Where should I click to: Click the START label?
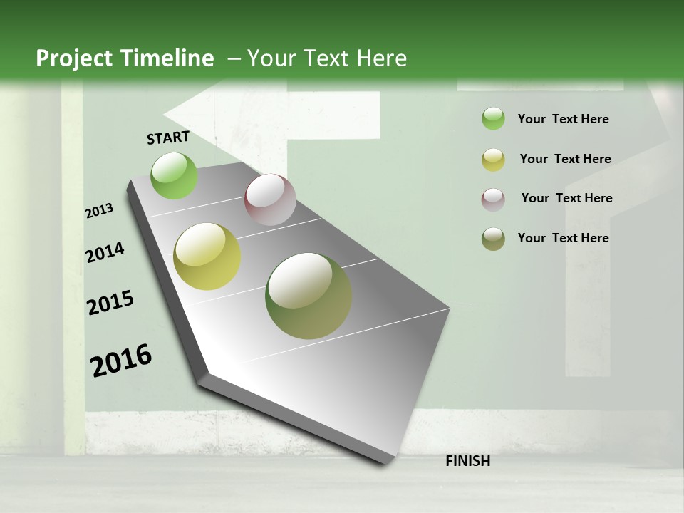tap(168, 137)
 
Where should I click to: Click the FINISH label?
tap(467, 461)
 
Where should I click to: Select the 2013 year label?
tap(100, 211)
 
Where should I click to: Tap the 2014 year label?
tap(105, 252)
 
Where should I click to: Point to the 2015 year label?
tap(110, 303)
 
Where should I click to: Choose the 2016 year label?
tap(121, 361)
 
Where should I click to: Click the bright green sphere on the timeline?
tap(175, 176)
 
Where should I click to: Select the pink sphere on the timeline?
tap(270, 199)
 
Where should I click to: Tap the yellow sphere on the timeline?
tap(207, 256)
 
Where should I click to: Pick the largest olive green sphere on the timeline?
tap(309, 296)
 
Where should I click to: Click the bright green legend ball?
tap(493, 119)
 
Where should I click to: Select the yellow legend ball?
tap(493, 160)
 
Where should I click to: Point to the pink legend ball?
tap(493, 199)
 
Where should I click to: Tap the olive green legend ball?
tap(493, 239)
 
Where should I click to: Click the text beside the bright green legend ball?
tap(563, 119)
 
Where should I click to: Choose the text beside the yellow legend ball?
tap(565, 159)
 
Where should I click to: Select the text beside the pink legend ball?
tap(566, 198)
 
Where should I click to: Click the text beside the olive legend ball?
tap(563, 238)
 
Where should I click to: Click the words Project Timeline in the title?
tap(125, 58)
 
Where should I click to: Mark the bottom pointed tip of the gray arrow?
tap(385, 463)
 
